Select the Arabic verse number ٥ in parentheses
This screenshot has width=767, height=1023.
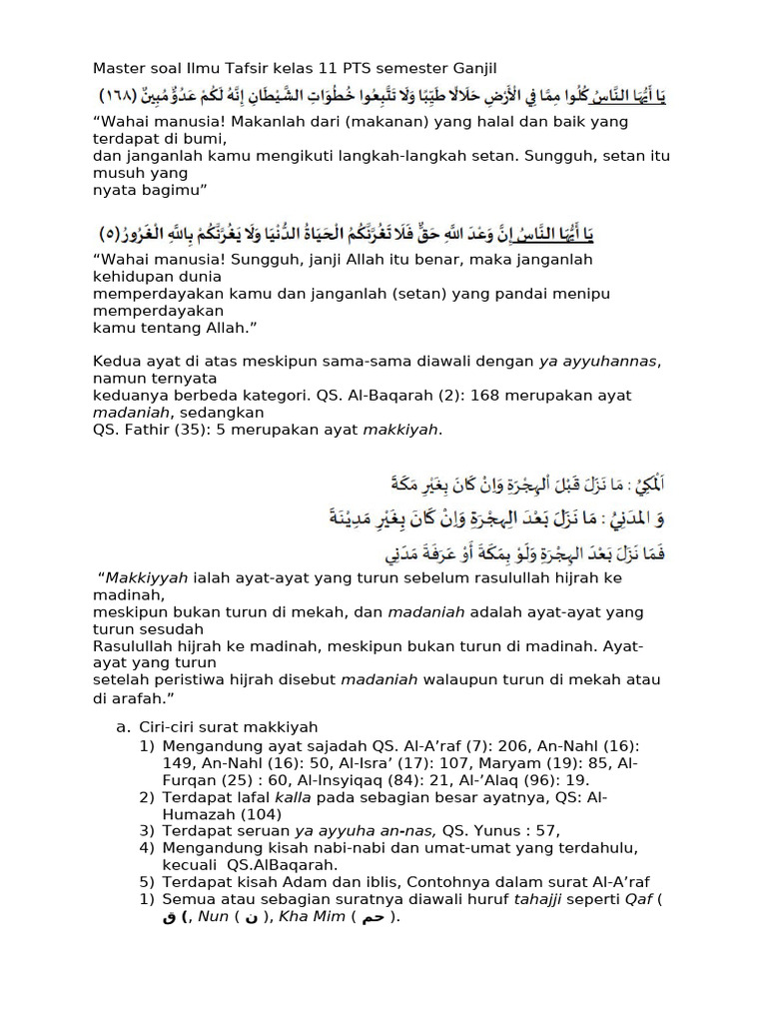[x=112, y=235]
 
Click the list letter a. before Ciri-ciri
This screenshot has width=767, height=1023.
[x=123, y=726]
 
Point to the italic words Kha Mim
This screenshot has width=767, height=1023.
[x=314, y=915]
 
